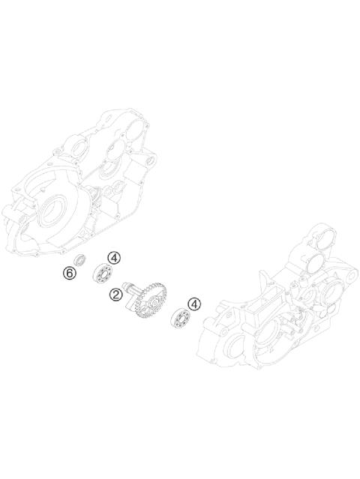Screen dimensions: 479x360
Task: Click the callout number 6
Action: (70, 274)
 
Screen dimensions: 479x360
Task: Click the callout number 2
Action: (115, 295)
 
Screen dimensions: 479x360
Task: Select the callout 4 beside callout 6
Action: (113, 257)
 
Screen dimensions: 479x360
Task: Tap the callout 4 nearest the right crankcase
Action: (194, 304)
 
